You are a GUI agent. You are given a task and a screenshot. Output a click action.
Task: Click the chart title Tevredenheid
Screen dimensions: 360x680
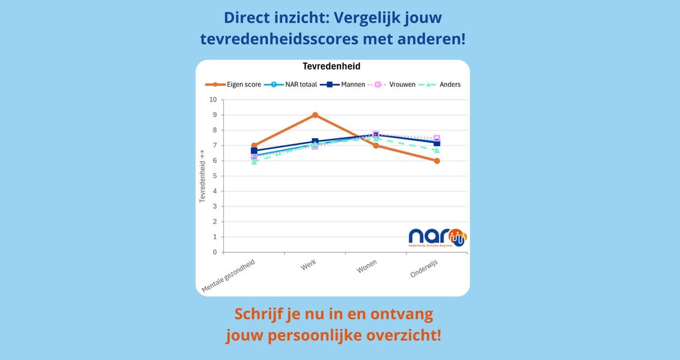(x=331, y=67)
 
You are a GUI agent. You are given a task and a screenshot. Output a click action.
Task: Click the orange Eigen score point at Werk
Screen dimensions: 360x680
(x=315, y=115)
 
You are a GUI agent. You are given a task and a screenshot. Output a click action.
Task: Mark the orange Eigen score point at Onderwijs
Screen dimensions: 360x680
(x=437, y=161)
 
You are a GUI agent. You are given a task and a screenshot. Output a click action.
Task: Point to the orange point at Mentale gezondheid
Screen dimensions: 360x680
(x=254, y=146)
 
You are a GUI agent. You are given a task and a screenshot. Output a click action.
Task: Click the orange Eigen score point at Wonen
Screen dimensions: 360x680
(x=376, y=146)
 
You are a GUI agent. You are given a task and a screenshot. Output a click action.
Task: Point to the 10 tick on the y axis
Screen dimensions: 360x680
(x=213, y=100)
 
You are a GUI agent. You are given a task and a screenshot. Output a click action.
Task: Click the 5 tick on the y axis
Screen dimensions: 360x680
(x=214, y=176)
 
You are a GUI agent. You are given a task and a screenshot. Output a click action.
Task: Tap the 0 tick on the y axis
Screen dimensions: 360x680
(x=214, y=252)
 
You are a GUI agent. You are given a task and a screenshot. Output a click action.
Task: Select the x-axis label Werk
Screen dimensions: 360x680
(x=308, y=265)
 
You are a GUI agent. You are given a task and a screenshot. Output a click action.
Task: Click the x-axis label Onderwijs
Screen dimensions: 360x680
(x=424, y=269)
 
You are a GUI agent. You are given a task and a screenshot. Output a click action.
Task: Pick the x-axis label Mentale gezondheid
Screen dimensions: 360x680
(x=228, y=275)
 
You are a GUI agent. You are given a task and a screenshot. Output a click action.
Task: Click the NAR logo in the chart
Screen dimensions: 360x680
(x=436, y=238)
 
